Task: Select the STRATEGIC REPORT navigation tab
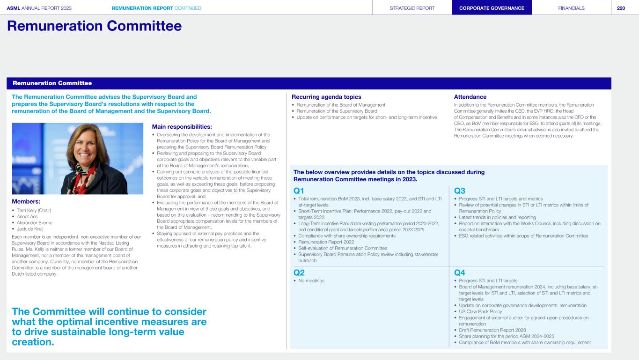(x=412, y=8)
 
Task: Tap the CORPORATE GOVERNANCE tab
(x=492, y=8)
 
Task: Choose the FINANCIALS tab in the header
(x=571, y=8)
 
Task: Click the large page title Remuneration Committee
(x=94, y=26)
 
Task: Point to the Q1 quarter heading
(x=299, y=191)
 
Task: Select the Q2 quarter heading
(x=299, y=272)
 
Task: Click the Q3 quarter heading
(x=460, y=191)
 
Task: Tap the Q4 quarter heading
(x=460, y=272)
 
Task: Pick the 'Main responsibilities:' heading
(x=182, y=126)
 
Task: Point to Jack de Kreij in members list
(x=31, y=228)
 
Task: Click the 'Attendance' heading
(x=470, y=97)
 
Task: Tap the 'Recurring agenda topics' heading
(x=326, y=97)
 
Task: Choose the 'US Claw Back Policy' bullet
(x=480, y=311)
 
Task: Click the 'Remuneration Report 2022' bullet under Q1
(x=326, y=242)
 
